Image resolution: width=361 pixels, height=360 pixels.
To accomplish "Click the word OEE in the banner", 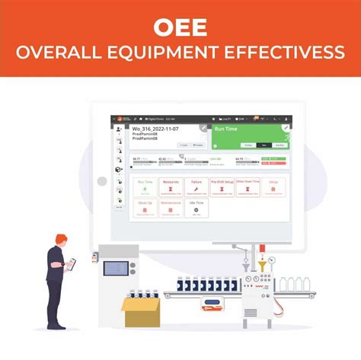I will [180, 27].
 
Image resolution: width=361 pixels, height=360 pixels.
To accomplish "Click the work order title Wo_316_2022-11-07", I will [157, 129].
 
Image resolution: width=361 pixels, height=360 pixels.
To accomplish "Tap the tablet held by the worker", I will [72, 263].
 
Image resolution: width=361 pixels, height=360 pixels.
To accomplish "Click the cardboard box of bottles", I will [142, 311].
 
